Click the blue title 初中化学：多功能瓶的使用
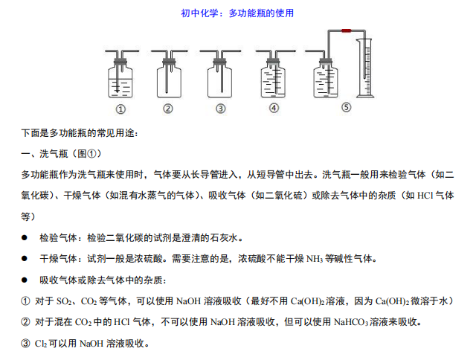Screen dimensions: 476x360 click(237, 13)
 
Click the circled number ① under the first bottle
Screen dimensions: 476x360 click(120, 109)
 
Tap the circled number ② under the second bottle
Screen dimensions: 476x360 click(168, 109)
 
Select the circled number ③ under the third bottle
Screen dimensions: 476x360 click(221, 109)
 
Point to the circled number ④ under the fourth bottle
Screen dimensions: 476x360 click(274, 108)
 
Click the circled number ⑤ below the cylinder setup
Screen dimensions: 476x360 click(347, 107)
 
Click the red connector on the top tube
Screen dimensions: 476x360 click(347, 30)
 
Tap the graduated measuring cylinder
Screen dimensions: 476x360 click(365, 68)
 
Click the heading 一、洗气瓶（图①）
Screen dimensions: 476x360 click(61, 154)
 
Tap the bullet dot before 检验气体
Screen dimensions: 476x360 click(25, 238)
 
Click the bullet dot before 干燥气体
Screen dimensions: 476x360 click(25, 259)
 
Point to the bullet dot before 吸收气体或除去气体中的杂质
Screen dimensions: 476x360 click(25, 280)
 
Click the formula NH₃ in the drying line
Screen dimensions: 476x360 click(315, 259)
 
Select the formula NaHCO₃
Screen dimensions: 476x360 click(351, 322)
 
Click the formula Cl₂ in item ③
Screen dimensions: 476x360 click(40, 344)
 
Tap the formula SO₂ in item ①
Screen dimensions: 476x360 click(64, 301)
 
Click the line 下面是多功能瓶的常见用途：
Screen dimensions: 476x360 click(80, 133)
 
